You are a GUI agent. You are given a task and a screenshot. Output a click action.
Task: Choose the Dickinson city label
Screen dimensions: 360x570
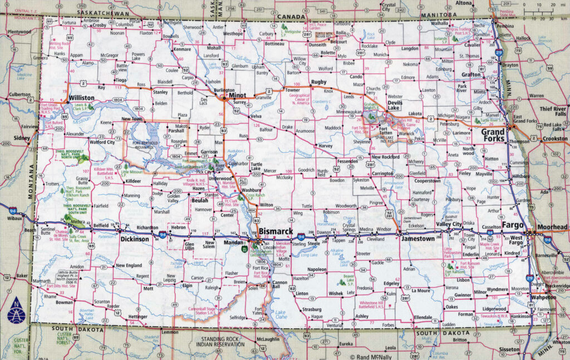coord(135,239)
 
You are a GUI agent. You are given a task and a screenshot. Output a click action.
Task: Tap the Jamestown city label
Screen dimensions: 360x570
coord(415,238)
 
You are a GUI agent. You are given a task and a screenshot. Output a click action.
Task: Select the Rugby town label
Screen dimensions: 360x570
coord(318,82)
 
